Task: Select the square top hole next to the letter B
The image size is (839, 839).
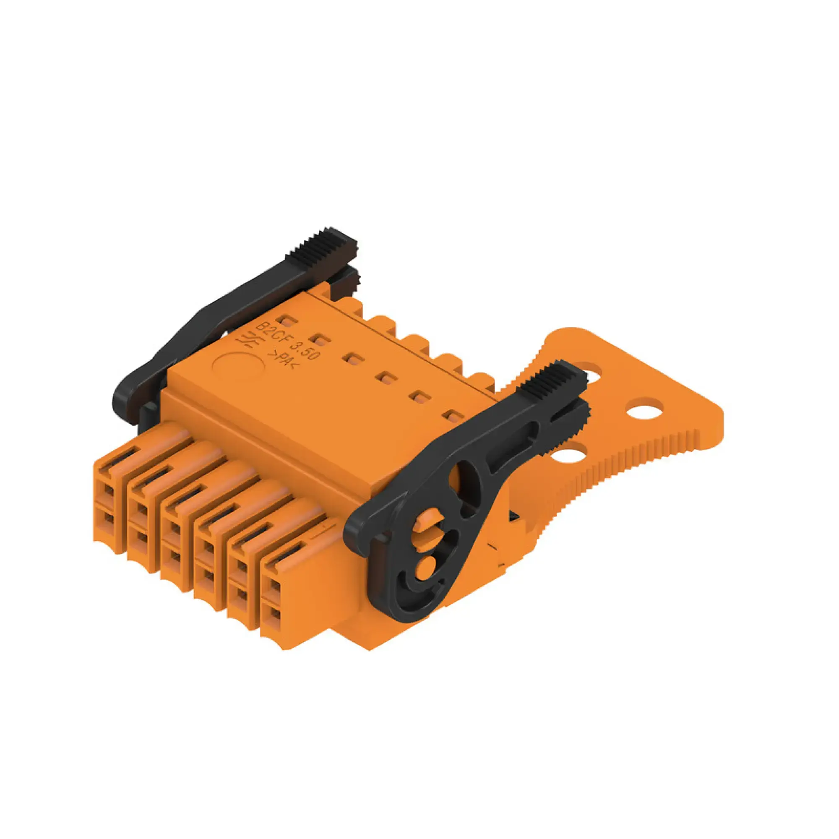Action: (287, 321)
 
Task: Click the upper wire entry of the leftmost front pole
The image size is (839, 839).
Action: (108, 491)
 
